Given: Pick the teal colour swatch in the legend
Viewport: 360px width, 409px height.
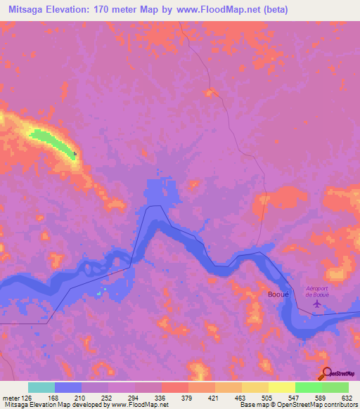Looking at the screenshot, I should (x=41, y=388).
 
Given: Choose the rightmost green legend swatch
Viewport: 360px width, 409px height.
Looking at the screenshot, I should (x=335, y=388).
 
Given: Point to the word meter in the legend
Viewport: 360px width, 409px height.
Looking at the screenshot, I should (x=12, y=398).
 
